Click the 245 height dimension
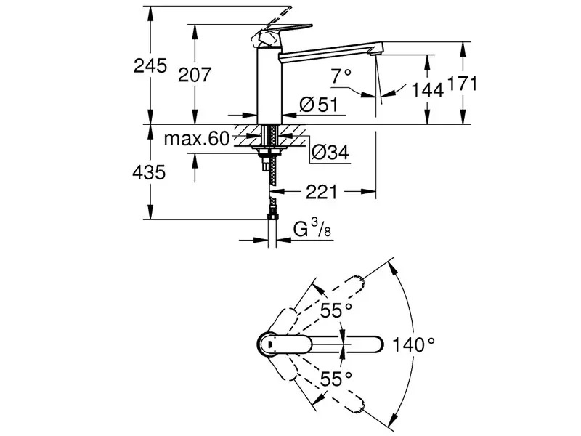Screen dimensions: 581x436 point(150,66)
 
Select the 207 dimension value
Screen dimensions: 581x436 point(195,75)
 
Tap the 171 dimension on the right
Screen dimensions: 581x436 point(463,84)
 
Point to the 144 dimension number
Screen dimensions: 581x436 point(428,89)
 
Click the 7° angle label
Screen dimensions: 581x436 point(341,76)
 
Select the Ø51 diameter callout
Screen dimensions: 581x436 point(319,105)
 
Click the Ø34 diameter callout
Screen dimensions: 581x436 point(330,152)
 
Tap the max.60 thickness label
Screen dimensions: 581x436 point(197,139)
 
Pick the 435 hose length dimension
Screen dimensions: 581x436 point(149,172)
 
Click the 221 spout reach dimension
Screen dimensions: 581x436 point(322,192)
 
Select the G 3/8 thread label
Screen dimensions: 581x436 point(312,229)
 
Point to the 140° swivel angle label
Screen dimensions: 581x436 point(413,344)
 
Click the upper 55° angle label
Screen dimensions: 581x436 point(336,311)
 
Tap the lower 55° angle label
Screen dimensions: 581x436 point(336,379)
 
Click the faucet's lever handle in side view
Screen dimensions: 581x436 point(281,36)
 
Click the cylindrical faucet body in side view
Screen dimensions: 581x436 point(269,86)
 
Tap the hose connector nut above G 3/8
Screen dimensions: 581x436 point(272,215)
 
